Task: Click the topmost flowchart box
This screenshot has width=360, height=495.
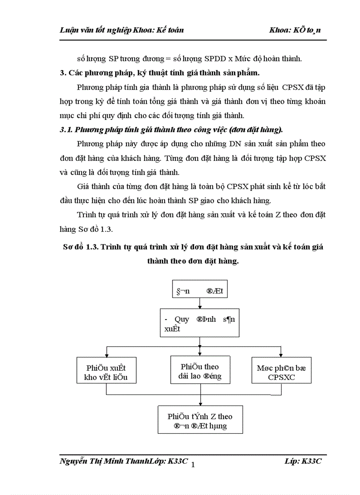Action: (200, 291)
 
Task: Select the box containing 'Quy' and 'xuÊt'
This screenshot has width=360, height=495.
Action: (200, 323)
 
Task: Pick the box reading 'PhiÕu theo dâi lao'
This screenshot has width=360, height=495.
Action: (200, 371)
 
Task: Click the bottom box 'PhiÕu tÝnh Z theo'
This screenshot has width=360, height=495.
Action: (200, 421)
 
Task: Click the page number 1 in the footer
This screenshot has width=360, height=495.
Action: (193, 464)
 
